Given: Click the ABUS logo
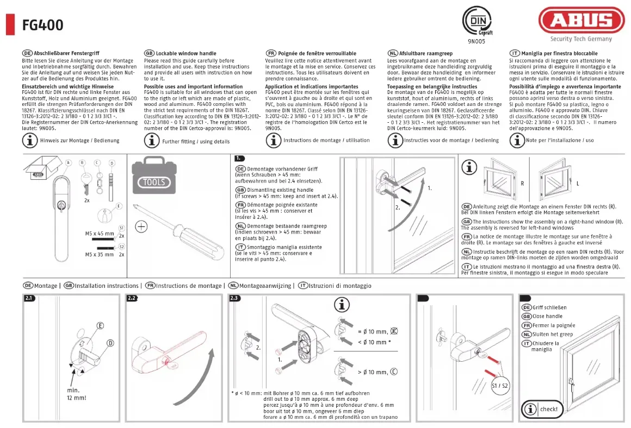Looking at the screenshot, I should (x=581, y=21).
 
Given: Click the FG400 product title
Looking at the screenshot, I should (x=42, y=25).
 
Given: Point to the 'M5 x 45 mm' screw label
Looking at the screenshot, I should (x=100, y=234).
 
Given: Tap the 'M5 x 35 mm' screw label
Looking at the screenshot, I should (x=100, y=254).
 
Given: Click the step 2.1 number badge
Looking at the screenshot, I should (x=29, y=298).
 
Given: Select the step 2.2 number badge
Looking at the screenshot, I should (x=132, y=298).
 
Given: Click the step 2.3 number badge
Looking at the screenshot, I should (x=235, y=298).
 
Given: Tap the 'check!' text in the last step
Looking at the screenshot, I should (x=549, y=409).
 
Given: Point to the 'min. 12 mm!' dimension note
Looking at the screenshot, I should (x=77, y=394).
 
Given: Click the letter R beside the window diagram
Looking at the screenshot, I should (x=522, y=184).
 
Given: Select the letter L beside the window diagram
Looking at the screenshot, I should (x=578, y=184).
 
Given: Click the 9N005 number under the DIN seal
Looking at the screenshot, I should (x=476, y=41).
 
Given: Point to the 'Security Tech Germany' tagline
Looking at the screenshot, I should (x=581, y=39).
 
